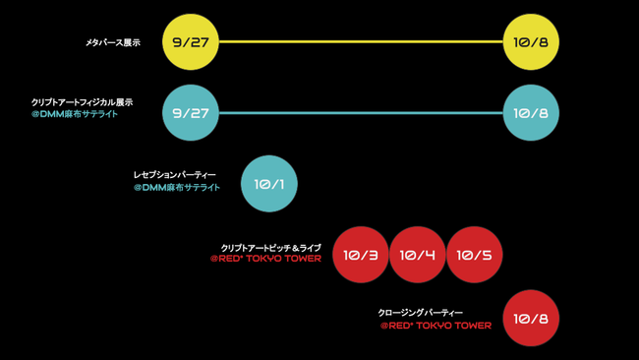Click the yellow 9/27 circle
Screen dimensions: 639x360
click(191, 42)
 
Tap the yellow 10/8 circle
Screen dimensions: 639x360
click(531, 42)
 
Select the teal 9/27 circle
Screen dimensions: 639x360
click(191, 113)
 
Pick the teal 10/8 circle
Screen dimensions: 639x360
click(531, 113)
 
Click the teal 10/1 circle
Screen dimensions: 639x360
click(268, 184)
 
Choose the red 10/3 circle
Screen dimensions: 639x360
click(361, 255)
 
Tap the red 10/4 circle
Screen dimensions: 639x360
click(418, 255)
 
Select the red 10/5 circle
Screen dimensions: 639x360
click(475, 255)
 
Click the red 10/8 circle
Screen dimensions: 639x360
click(531, 319)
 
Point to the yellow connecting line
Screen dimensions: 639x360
click(361, 42)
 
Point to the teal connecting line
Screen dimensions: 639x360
click(361, 113)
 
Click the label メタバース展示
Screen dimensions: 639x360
click(113, 43)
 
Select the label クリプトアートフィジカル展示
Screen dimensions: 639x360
click(82, 102)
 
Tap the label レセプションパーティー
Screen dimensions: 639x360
click(175, 175)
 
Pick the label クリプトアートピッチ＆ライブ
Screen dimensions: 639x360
click(270, 248)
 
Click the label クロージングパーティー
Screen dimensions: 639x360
click(420, 313)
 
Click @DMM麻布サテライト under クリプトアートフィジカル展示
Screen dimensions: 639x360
click(75, 115)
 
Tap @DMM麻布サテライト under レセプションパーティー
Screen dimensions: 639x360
click(177, 188)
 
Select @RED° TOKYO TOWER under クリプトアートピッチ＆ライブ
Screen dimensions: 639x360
click(265, 260)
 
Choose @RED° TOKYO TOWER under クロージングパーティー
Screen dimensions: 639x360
click(436, 326)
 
